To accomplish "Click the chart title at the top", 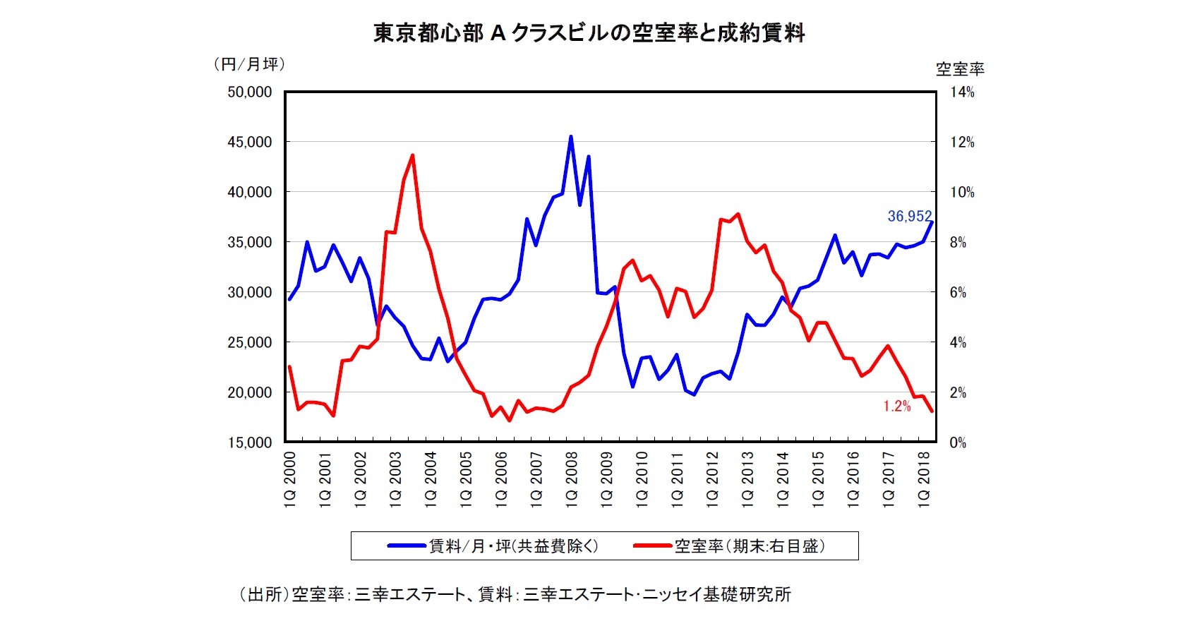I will [x=589, y=33].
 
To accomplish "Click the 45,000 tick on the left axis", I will [x=249, y=142].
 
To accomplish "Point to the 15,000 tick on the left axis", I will [x=249, y=442].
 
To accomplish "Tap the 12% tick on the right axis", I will [x=961, y=142].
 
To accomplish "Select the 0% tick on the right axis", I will [x=958, y=442].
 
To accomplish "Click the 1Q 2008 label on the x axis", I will [x=572, y=478].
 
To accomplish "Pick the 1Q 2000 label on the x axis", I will [x=289, y=478].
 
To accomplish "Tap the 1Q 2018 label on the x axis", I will [x=923, y=478].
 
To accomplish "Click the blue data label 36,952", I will [x=909, y=216].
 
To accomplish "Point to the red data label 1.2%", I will [x=896, y=406].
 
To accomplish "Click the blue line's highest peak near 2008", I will [x=571, y=137].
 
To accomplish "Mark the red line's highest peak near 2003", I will [x=412, y=155].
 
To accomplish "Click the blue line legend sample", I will [x=407, y=545].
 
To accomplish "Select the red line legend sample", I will [x=652, y=545].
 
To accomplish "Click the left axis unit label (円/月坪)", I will [x=249, y=64].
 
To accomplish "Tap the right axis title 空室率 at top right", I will [x=960, y=69].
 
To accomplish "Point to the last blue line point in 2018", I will [x=932, y=222].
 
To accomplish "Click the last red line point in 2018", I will [x=932, y=411].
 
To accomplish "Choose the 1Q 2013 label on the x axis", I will [x=747, y=478].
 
